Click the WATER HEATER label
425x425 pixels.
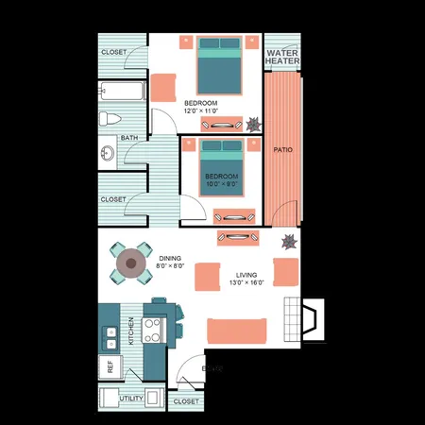282,57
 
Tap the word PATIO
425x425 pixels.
281,149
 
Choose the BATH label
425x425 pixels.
129,138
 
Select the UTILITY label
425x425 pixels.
132,399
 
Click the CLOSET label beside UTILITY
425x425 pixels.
186,402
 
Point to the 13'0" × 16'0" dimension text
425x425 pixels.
246,283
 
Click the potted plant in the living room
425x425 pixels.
288,240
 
